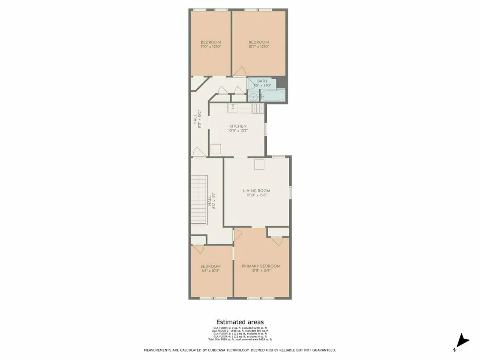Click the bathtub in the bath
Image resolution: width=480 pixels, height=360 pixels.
pyautogui.click(x=273, y=96)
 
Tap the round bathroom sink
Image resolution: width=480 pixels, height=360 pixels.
pyautogui.click(x=253, y=97)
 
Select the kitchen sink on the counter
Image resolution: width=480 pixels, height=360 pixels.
pyautogui.click(x=233, y=108)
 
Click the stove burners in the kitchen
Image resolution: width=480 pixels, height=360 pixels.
pyautogui.click(x=258, y=107)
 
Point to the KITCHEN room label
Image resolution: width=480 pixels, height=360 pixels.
pyautogui.click(x=238, y=126)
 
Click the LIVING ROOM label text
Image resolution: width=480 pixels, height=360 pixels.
pyautogui.click(x=256, y=191)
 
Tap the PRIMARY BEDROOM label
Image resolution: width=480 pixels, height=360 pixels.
pyautogui.click(x=261, y=266)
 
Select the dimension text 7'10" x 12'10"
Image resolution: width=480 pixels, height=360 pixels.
pyautogui.click(x=210, y=47)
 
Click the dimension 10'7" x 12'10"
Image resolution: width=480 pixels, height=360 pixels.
pyautogui.click(x=258, y=47)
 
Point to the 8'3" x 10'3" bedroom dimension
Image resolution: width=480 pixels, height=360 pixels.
pyautogui.click(x=210, y=271)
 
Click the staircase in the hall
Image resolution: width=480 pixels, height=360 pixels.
pyautogui.click(x=198, y=200)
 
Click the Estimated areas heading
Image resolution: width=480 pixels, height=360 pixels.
pyautogui.click(x=240, y=322)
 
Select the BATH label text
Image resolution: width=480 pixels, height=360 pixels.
pyautogui.click(x=262, y=81)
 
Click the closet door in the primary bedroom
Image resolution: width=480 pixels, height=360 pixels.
pyautogui.click(x=277, y=240)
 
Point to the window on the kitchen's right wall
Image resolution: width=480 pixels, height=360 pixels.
pyautogui.click(x=266, y=130)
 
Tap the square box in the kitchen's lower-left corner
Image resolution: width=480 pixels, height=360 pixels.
pyautogui.click(x=216, y=149)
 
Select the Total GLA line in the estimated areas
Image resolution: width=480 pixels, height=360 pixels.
pyautogui.click(x=240, y=340)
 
